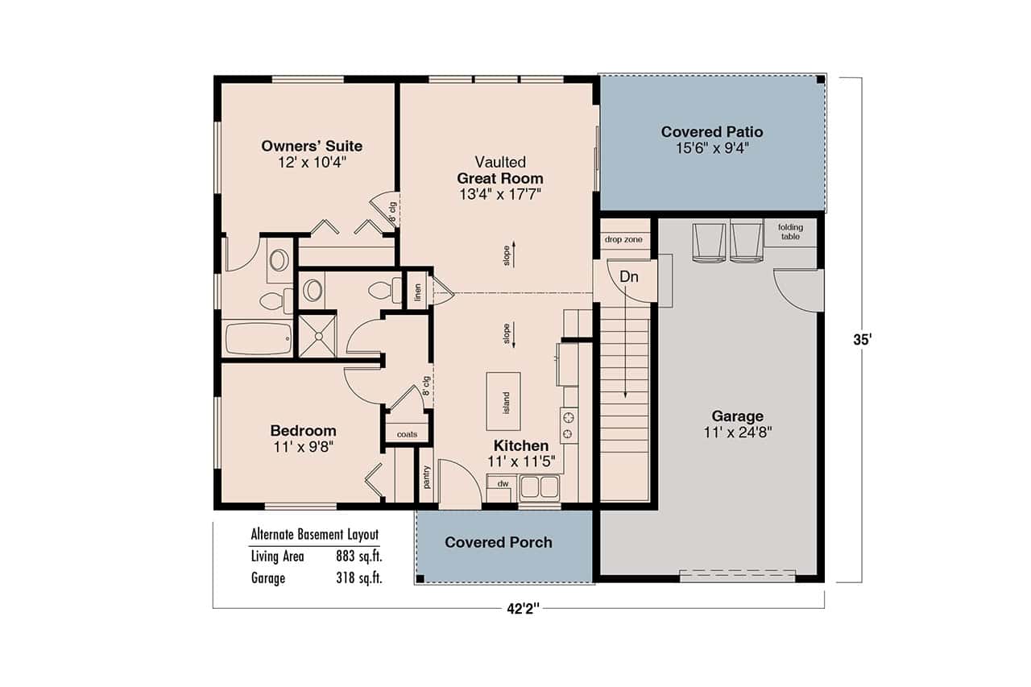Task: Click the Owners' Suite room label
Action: [x=312, y=146]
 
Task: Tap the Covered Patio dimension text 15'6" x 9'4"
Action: [x=712, y=148]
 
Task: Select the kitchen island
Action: [x=503, y=400]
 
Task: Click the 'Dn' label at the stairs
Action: [x=629, y=276]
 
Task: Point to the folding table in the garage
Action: [x=790, y=233]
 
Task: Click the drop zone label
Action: [x=625, y=240]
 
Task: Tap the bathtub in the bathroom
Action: [x=257, y=338]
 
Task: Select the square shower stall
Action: [x=317, y=336]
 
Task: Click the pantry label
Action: [x=426, y=477]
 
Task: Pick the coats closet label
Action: [x=407, y=435]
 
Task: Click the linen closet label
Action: [x=417, y=291]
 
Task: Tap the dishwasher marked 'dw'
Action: [x=501, y=484]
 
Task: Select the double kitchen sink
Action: [x=540, y=487]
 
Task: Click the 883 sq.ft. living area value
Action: [x=358, y=556]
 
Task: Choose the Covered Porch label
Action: [x=499, y=542]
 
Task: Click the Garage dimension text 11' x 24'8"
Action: [x=737, y=432]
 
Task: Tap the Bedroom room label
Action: [x=303, y=430]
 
